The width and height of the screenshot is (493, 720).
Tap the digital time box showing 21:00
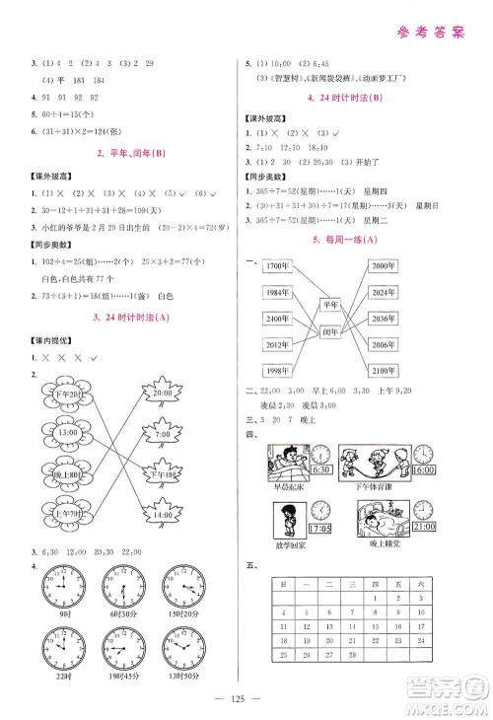click(426, 528)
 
